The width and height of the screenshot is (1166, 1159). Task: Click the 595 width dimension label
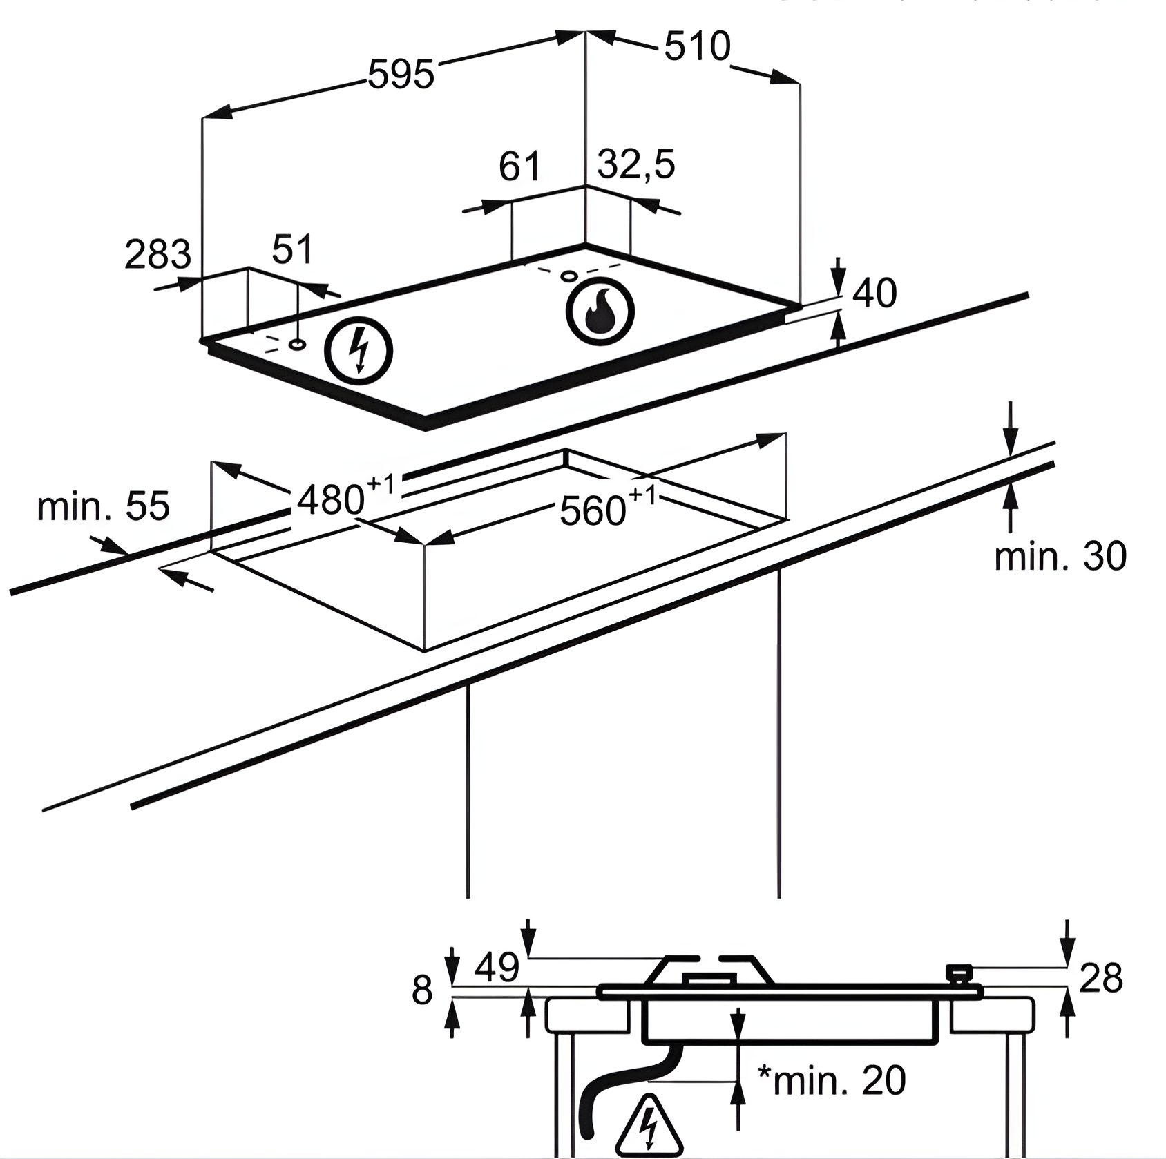tap(401, 74)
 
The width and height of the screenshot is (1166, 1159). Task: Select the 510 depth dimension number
tap(697, 47)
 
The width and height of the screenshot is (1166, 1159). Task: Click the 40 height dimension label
tap(874, 293)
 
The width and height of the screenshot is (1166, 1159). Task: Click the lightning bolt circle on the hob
tap(359, 350)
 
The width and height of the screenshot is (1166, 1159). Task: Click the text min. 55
tap(103, 506)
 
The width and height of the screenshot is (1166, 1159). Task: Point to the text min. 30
tap(1060, 556)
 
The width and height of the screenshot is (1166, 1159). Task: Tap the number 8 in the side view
tap(422, 990)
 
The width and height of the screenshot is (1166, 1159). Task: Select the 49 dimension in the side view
tap(497, 967)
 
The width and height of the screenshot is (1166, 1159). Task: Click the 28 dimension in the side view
tap(1100, 977)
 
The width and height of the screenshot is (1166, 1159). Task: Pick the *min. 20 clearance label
tap(831, 1080)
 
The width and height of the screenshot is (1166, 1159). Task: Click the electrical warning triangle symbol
tap(649, 1126)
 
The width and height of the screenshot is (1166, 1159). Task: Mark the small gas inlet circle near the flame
tap(569, 276)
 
